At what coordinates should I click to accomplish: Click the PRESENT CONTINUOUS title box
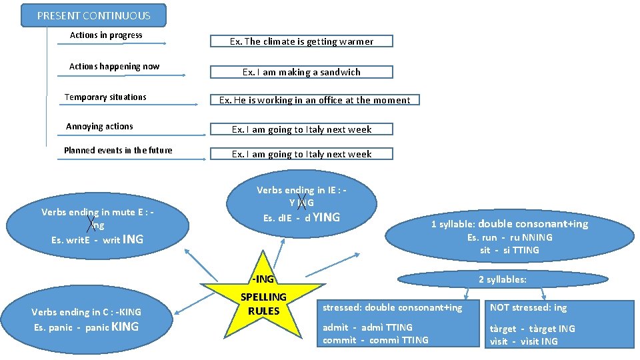click(93, 15)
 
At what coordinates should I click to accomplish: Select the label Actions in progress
click(106, 35)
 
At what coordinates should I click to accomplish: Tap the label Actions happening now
click(114, 67)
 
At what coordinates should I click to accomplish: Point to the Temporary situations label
click(105, 97)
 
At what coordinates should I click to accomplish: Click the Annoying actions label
click(99, 127)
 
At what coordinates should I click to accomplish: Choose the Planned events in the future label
click(118, 151)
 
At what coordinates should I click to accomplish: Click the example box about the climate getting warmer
click(301, 41)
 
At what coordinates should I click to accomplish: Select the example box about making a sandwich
click(301, 72)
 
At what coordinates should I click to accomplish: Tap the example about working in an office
click(315, 100)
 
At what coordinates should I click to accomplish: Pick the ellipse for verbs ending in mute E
click(97, 225)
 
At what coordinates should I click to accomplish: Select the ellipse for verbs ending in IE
click(301, 204)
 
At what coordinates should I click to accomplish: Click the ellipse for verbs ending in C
click(86, 319)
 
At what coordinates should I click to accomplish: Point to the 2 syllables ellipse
click(502, 279)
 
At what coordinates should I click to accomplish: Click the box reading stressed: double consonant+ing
click(392, 307)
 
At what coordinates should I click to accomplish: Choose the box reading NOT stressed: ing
click(529, 307)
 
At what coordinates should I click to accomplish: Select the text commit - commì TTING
click(375, 340)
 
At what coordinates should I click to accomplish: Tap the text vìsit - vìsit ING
click(524, 341)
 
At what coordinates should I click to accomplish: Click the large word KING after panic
click(125, 327)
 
